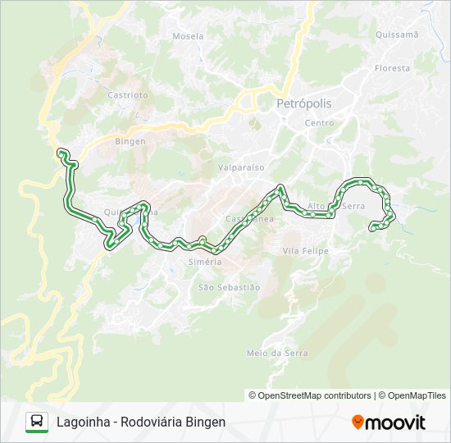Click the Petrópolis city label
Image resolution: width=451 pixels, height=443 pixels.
pos(304,104)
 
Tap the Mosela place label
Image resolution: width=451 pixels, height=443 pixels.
pos(188,36)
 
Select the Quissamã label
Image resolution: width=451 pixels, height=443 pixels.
pos(396,34)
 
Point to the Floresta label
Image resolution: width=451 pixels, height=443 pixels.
pos(392,68)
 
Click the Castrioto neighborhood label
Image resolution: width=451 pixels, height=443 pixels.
pos(128,95)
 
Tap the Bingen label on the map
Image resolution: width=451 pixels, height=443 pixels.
pos(130,141)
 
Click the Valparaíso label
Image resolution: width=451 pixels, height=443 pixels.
pos(241,167)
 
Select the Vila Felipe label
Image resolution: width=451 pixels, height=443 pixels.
pos(305,250)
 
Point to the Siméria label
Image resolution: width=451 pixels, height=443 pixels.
pos(205,262)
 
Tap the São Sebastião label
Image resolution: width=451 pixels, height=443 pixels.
pos(229,287)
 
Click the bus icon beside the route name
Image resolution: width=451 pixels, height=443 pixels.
pos(37,422)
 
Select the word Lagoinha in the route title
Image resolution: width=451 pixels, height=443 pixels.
pos(83,422)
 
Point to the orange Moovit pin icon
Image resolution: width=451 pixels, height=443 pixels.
pos(358,422)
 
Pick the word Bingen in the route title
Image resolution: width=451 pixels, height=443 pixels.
pos(207,422)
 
